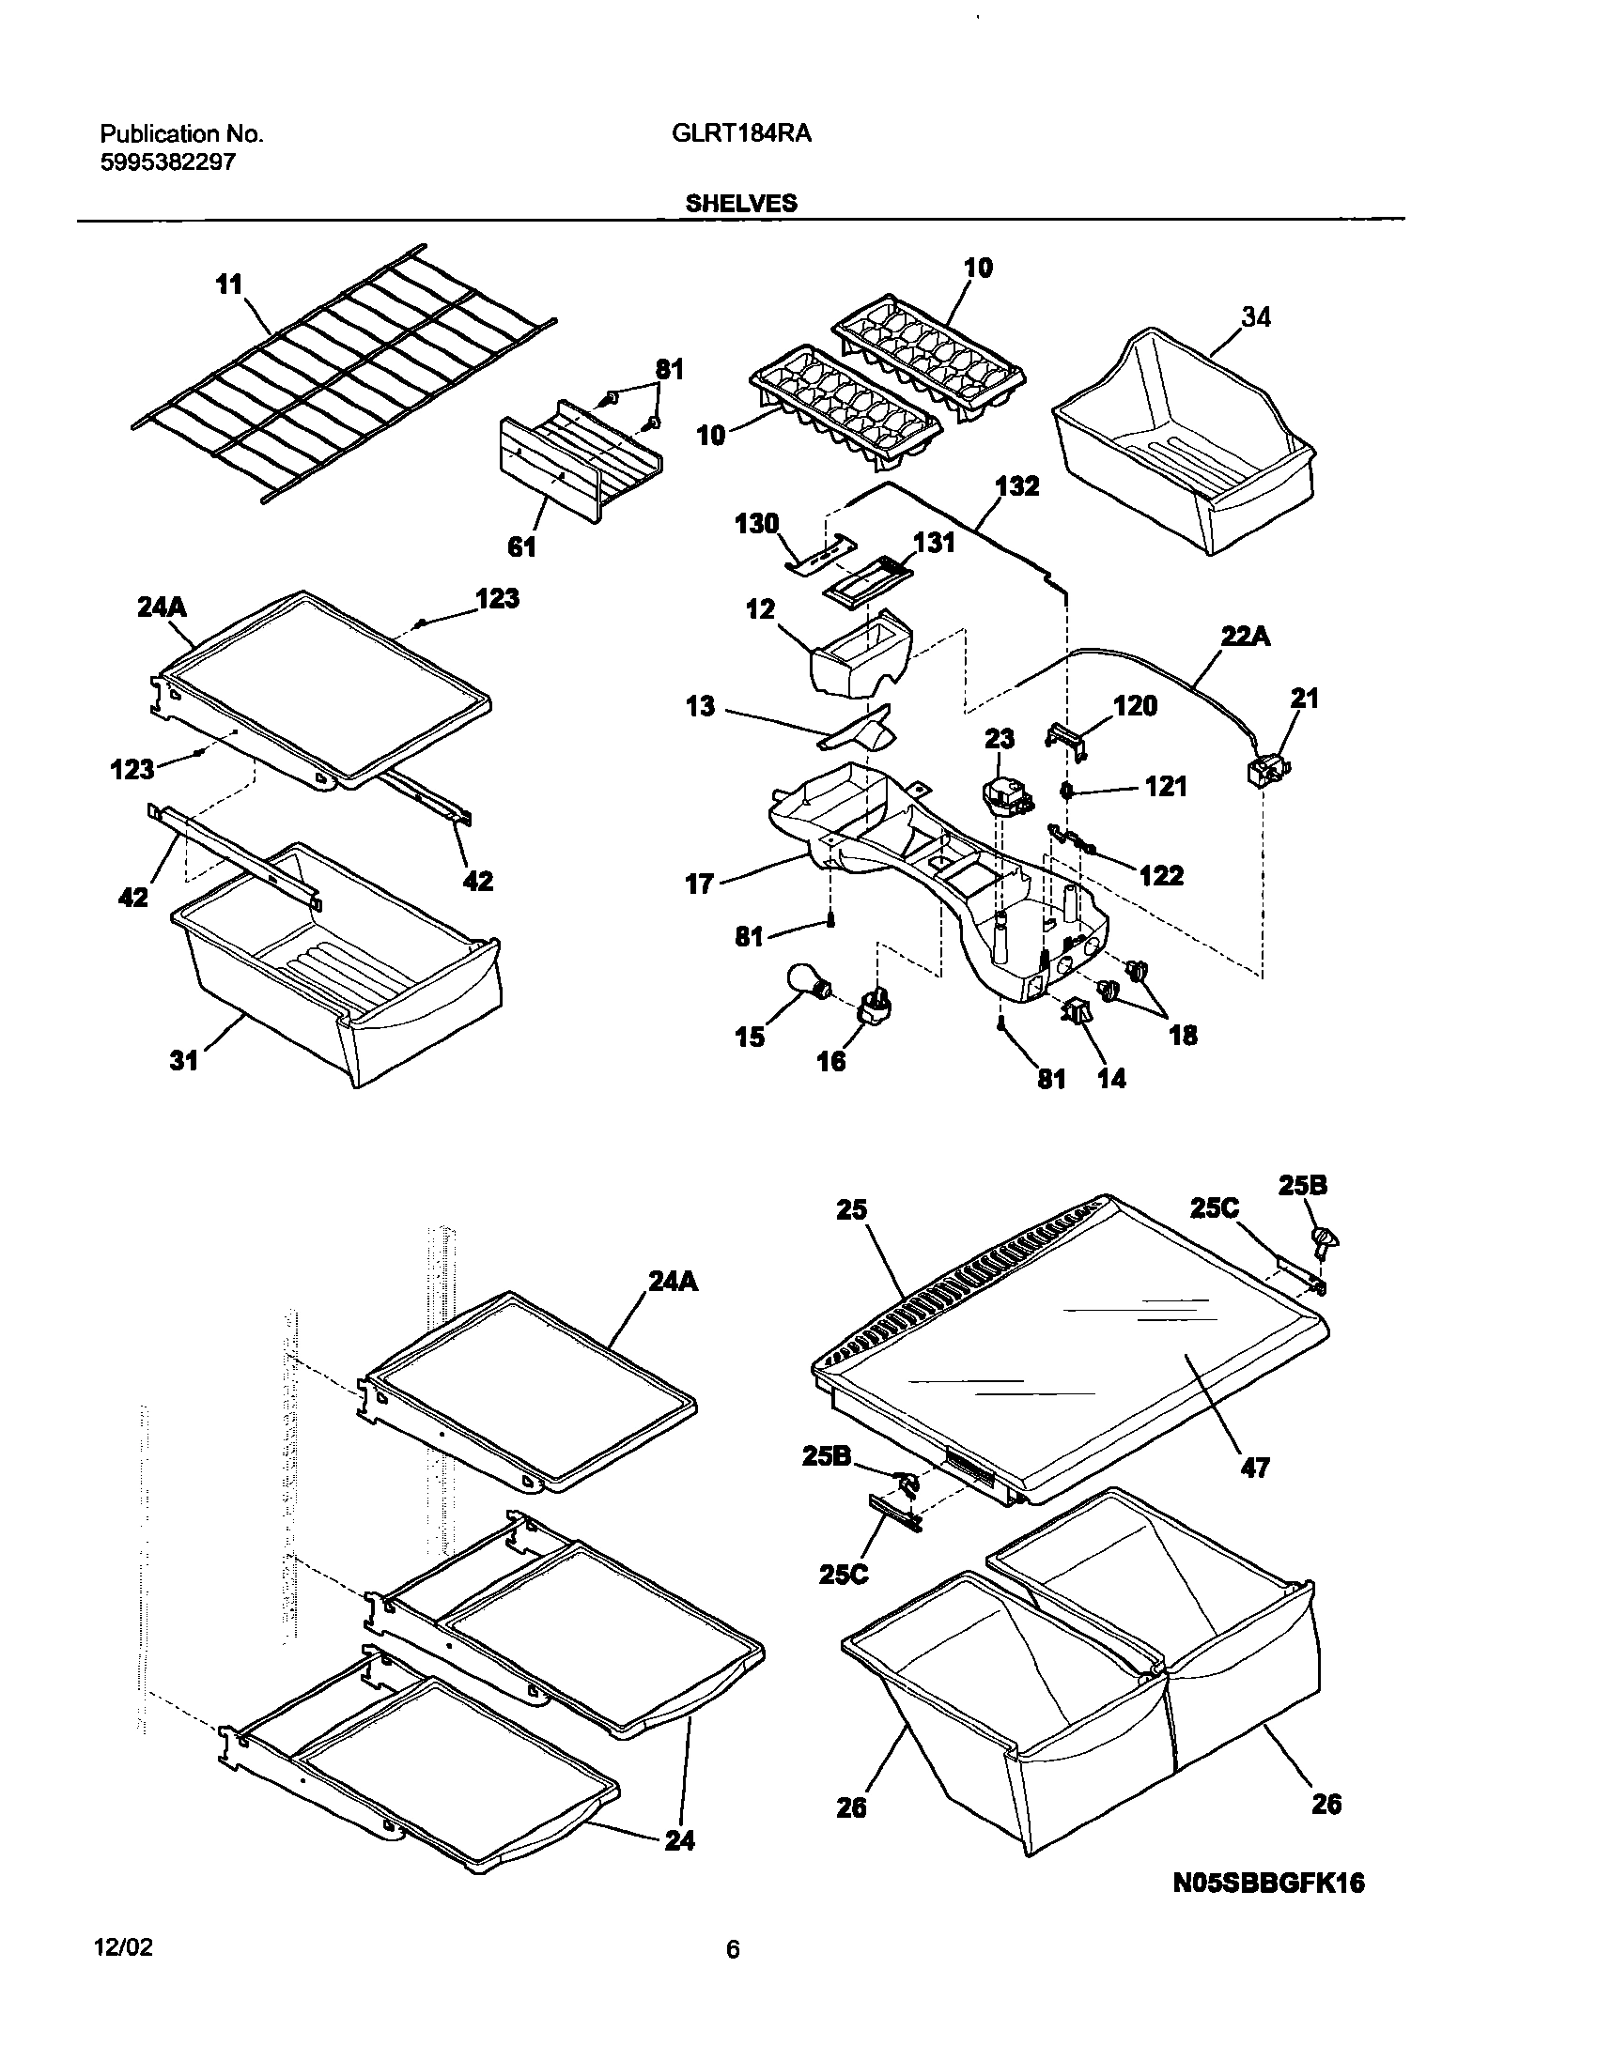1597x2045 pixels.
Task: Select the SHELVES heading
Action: pos(741,203)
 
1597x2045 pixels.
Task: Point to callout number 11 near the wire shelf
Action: pos(229,284)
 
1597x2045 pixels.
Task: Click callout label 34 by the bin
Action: pos(1255,318)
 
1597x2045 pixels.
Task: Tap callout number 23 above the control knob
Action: pos(1000,740)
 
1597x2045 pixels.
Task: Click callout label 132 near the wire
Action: pos(1017,487)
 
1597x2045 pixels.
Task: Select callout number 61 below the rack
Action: pos(521,546)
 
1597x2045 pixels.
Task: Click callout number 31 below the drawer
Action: pos(184,1060)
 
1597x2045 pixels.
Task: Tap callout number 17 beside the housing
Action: pos(700,884)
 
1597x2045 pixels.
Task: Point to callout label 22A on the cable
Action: pos(1246,637)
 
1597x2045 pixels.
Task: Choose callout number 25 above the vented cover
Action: pos(853,1210)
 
